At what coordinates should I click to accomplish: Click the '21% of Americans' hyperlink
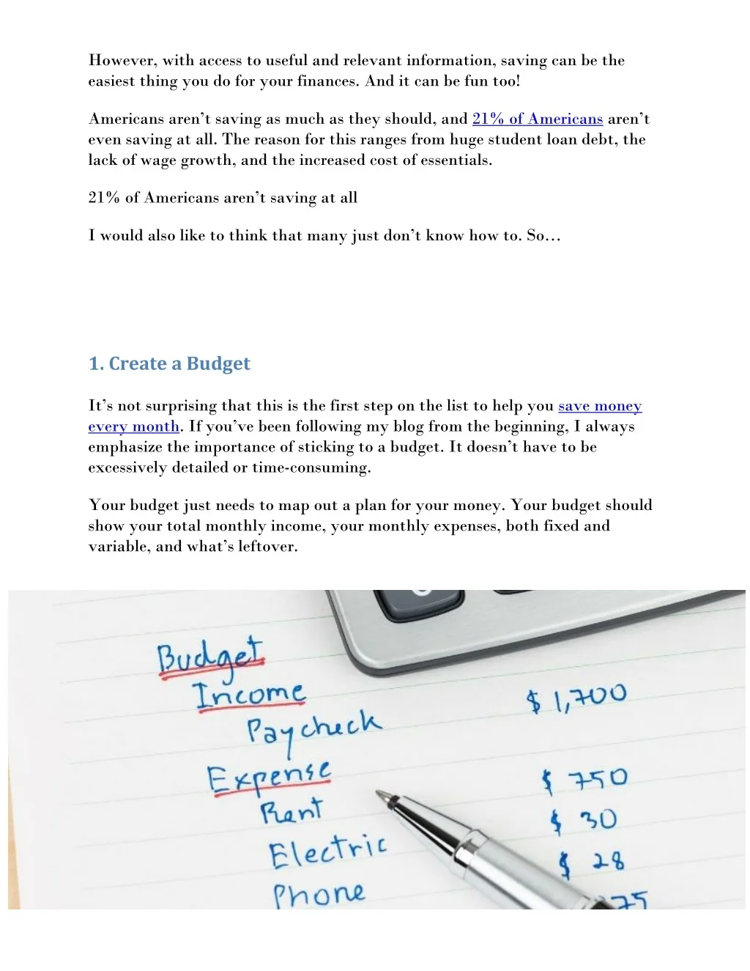[537, 119]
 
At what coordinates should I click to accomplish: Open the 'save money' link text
[600, 406]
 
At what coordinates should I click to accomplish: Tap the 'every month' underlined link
[133, 427]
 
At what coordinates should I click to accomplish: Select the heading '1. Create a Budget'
[169, 363]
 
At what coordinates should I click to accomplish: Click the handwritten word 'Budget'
[210, 656]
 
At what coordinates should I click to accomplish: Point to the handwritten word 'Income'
[249, 695]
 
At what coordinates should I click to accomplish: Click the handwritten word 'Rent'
[291, 811]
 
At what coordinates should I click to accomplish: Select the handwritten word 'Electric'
[327, 852]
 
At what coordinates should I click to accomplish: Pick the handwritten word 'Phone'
[319, 894]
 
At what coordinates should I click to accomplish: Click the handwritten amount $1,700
[576, 698]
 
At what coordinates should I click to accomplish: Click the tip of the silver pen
[380, 793]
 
